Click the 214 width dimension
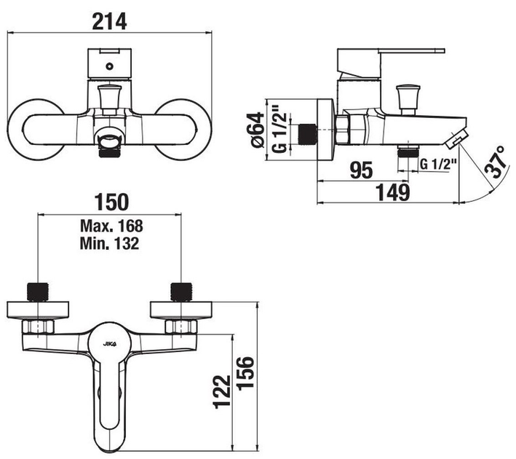pos(110,21)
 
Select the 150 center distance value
pos(110,200)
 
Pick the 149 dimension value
pos(393,193)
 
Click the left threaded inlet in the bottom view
pos(36,291)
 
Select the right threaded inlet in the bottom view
pos(178,291)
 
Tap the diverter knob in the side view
pos(405,96)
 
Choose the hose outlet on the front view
pos(109,143)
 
